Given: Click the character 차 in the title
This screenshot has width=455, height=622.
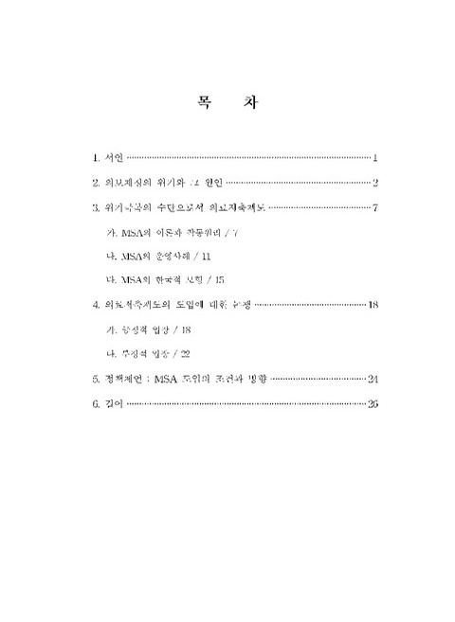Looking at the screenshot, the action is click(x=250, y=101).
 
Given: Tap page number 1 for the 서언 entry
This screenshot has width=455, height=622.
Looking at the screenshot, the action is click(x=376, y=156).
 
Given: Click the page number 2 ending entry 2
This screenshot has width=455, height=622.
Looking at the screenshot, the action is click(x=375, y=182).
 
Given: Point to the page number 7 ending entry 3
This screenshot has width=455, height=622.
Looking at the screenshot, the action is click(x=376, y=207).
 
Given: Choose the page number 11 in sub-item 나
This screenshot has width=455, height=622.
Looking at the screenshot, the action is click(x=207, y=256).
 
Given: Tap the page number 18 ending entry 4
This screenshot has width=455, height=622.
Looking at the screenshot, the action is click(x=373, y=305).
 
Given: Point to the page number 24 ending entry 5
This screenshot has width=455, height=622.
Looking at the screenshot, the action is click(x=373, y=379).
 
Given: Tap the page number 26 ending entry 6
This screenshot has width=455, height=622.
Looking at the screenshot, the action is click(x=373, y=404).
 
